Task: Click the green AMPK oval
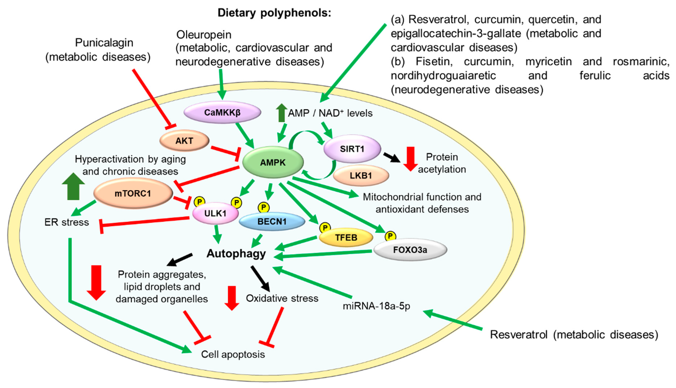[273, 162]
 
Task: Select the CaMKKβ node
[222, 113]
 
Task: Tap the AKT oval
[184, 140]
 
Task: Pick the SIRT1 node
[352, 149]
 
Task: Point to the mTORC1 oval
[133, 193]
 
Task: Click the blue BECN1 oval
[272, 221]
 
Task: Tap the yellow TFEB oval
[346, 237]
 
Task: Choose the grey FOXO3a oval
[410, 250]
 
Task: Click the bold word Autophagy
[236, 253]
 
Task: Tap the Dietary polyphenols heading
[274, 13]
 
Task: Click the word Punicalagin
[104, 43]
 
